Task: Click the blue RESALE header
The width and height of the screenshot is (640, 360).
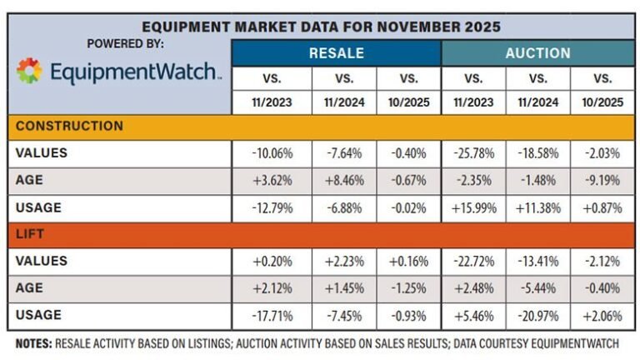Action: click(x=336, y=52)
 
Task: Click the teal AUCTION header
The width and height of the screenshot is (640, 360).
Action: click(x=537, y=52)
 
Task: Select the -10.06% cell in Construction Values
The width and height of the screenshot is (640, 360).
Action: click(x=272, y=152)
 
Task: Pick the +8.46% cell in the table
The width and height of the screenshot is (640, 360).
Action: click(x=343, y=181)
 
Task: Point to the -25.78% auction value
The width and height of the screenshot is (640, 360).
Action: click(x=472, y=152)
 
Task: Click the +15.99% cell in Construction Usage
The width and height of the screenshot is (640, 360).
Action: click(x=472, y=207)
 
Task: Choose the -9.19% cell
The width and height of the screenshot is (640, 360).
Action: click(x=602, y=181)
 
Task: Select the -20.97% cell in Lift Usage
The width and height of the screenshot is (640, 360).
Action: click(x=537, y=315)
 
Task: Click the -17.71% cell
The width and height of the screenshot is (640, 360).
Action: click(x=272, y=315)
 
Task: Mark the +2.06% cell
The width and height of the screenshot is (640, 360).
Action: click(x=602, y=315)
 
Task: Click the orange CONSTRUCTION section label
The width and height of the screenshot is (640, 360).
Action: click(x=69, y=126)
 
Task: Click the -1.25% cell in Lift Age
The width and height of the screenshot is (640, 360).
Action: click(x=408, y=287)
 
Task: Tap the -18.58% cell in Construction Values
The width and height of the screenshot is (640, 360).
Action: click(x=537, y=152)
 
